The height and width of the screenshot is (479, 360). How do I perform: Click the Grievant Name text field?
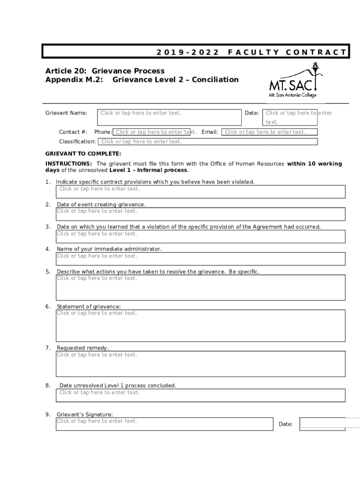[169, 117]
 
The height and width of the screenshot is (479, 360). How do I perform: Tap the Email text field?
[270, 132]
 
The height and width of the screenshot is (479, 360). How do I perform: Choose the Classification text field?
[208, 142]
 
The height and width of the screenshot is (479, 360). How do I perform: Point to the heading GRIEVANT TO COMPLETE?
[83, 153]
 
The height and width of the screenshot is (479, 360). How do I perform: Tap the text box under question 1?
[201, 192]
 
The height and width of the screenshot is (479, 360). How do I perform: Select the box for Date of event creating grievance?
[201, 214]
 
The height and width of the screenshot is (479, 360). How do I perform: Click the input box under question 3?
[201, 237]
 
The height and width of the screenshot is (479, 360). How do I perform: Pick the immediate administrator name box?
[201, 259]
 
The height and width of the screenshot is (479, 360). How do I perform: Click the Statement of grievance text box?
[201, 326]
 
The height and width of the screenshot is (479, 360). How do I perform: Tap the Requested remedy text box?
[201, 364]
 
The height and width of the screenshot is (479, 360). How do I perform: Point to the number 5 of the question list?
[48, 272]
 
